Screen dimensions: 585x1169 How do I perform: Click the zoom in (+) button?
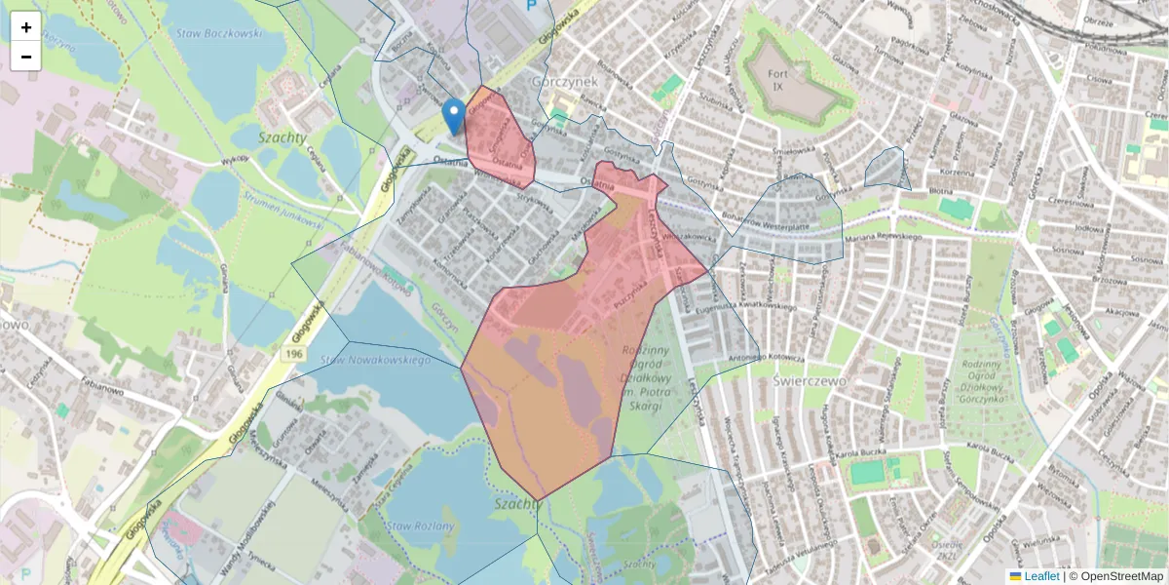click(x=26, y=27)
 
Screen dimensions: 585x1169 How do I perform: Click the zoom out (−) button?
click(x=26, y=57)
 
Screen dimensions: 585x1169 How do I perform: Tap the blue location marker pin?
click(x=453, y=116)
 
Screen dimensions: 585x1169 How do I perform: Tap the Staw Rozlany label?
click(x=420, y=526)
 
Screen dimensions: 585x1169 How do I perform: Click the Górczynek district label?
click(x=564, y=83)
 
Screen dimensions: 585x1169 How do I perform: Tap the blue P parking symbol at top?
click(x=531, y=5)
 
